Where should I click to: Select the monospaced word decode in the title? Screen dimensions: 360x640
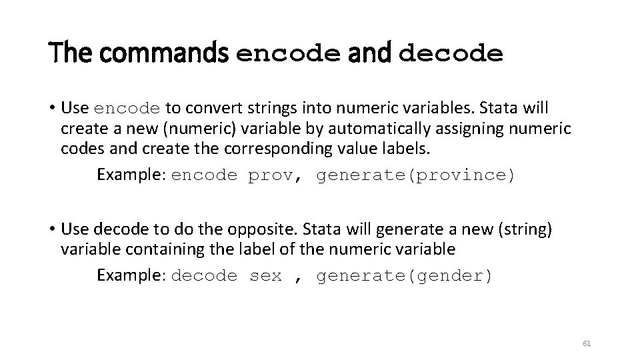[x=451, y=55]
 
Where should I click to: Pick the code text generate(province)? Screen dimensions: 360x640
[x=415, y=175]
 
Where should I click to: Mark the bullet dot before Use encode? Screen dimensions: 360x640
[x=51, y=108]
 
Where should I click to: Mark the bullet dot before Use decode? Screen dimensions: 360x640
[x=51, y=230]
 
